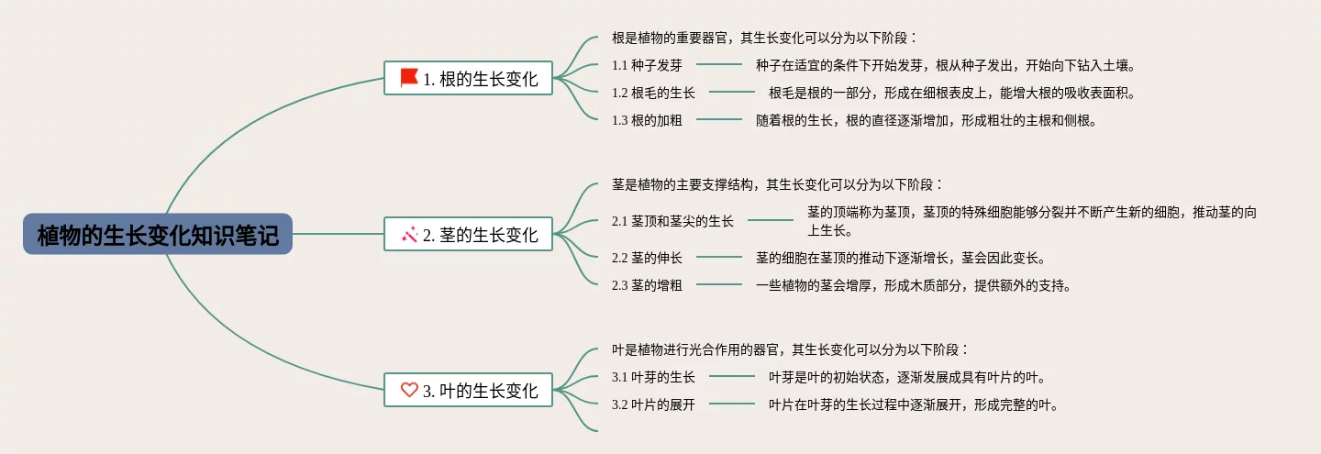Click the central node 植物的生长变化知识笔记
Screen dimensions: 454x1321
(x=158, y=235)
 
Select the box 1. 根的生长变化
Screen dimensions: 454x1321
(x=468, y=79)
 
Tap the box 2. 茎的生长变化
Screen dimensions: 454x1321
(x=468, y=235)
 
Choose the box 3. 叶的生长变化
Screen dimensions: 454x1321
(x=468, y=390)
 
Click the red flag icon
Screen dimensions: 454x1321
(x=409, y=78)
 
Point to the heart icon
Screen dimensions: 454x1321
(x=409, y=390)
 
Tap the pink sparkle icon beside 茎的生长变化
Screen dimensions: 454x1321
(x=409, y=235)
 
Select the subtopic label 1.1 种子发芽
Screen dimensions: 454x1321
(x=647, y=65)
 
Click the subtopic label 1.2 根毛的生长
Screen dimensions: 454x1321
(x=653, y=93)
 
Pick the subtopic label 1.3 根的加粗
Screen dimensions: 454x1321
(x=647, y=120)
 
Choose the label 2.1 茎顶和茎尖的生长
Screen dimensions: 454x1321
(x=672, y=221)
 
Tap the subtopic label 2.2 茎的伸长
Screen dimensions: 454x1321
(x=647, y=258)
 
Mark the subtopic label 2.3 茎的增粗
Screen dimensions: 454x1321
(x=647, y=285)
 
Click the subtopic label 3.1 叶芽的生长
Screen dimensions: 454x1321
(x=653, y=377)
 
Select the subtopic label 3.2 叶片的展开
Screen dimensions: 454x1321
(x=653, y=404)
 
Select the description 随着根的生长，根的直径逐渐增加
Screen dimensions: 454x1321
(x=927, y=120)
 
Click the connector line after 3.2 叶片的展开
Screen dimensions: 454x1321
(x=732, y=404)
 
